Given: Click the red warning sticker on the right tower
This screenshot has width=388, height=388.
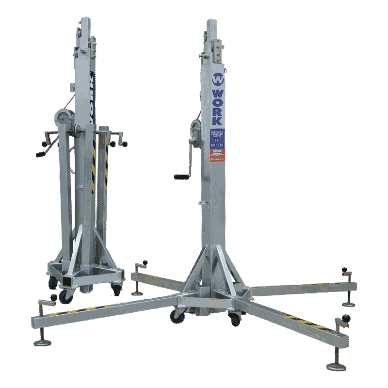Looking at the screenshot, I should pos(218,154).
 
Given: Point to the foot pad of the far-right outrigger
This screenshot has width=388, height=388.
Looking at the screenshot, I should pos(348,304).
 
